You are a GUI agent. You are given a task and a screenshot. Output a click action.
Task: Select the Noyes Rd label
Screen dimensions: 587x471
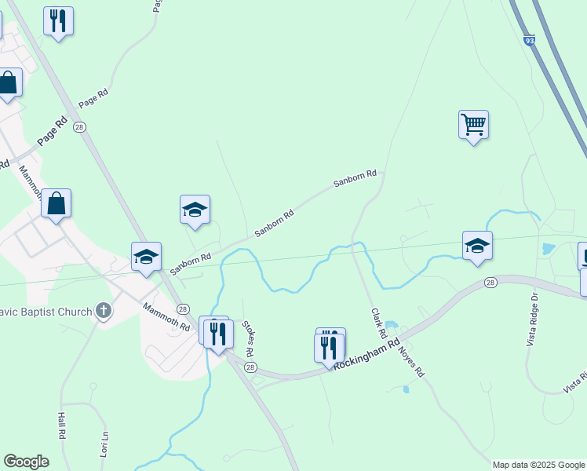(x=414, y=360)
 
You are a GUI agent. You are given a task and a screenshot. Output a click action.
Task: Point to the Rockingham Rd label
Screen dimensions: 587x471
(x=367, y=355)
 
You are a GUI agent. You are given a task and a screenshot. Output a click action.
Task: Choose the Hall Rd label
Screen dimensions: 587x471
(x=61, y=426)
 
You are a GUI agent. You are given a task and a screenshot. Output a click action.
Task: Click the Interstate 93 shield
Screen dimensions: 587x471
(x=530, y=39)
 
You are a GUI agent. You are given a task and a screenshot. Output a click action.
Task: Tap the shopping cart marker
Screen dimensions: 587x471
(x=473, y=124)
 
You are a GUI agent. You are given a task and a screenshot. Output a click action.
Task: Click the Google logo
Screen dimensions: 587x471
(x=26, y=462)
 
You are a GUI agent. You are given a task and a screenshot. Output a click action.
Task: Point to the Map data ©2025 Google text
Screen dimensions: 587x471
(x=539, y=465)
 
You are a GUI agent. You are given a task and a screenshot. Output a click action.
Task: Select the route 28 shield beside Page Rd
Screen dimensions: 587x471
(x=78, y=126)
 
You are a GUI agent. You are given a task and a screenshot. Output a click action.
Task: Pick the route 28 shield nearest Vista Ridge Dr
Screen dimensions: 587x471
(x=490, y=283)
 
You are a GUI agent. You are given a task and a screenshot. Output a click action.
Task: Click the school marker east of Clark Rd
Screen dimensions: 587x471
(x=477, y=246)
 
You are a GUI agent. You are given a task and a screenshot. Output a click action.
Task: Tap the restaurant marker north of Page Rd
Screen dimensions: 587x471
(x=58, y=21)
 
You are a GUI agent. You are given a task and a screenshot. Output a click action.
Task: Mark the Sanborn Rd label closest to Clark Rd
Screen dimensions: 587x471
(x=355, y=178)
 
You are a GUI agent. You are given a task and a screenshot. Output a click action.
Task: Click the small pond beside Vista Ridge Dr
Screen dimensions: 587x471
(x=547, y=250)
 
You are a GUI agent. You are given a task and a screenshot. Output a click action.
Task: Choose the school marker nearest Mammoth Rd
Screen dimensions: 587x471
(x=146, y=257)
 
